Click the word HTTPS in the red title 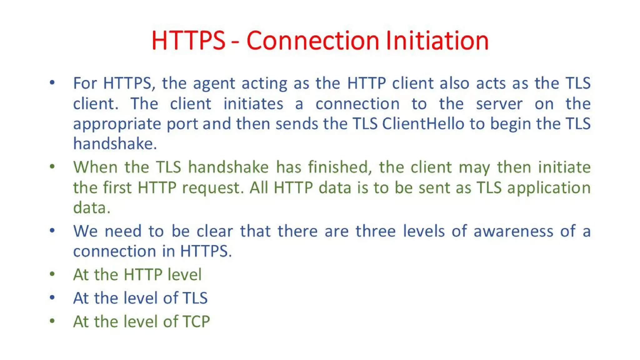(188, 40)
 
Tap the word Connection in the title (312, 40)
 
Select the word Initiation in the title (437, 40)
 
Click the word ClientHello (423, 124)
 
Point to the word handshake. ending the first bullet (115, 144)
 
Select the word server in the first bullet (499, 104)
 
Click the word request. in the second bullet (213, 188)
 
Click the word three (375, 231)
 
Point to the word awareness (513, 231)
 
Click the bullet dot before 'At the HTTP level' (52, 274)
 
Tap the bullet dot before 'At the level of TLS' (52, 297)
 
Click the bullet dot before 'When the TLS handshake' (52, 166)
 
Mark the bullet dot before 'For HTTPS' (52, 82)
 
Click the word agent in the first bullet (214, 84)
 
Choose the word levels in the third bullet (423, 231)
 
